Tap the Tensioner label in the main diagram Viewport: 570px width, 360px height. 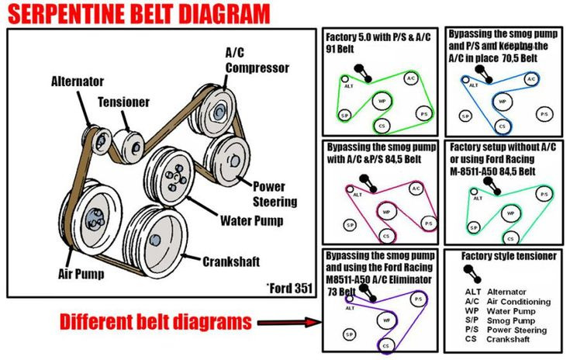pyautogui.click(x=123, y=102)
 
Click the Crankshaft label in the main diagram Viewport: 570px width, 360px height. pyautogui.click(x=230, y=261)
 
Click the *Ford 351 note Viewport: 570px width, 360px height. pyautogui.click(x=288, y=288)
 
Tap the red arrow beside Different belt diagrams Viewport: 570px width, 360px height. pyautogui.click(x=287, y=322)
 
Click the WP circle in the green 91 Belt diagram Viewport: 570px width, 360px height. pyautogui.click(x=381, y=101)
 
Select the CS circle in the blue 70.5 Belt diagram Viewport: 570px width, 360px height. pyautogui.click(x=503, y=126)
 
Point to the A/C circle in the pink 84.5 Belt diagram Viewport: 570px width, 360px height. pyautogui.click(x=416, y=189)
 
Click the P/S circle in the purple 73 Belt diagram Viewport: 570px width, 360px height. pyautogui.click(x=417, y=299)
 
